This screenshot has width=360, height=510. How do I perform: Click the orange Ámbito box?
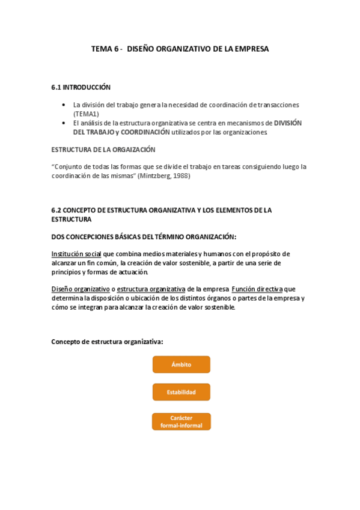pos(181,364)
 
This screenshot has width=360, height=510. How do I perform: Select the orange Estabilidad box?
pos(181,392)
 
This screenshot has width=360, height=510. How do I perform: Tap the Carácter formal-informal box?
pos(181,421)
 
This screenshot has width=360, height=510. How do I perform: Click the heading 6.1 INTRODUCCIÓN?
pos(81,87)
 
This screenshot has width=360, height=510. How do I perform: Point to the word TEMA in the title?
pos(102,49)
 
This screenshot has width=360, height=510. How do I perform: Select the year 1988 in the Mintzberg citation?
pos(198,176)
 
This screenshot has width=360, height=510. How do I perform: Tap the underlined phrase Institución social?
pos(76,254)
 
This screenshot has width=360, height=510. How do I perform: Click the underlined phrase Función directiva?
pos(257,289)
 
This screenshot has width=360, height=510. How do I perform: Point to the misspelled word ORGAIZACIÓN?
pos(129,149)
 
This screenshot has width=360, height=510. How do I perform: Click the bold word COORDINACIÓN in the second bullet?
pos(145,132)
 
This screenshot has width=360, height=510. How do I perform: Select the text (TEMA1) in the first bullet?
pos(86,114)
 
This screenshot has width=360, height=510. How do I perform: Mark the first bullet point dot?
pos(65,105)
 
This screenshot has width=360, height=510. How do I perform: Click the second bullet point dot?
pos(65,123)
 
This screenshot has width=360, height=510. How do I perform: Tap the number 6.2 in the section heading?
pos(57,210)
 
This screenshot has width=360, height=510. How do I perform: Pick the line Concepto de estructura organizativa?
pos(108,342)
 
